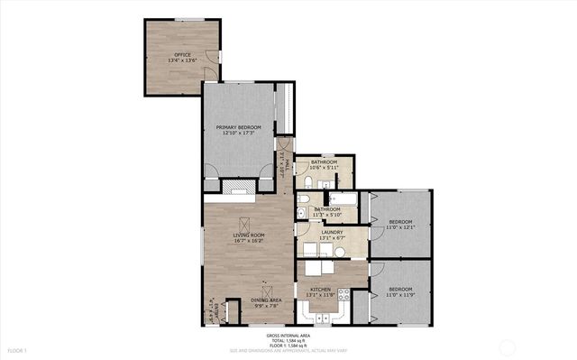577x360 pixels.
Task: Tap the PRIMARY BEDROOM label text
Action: click(x=238, y=127)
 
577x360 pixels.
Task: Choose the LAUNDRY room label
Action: click(x=331, y=233)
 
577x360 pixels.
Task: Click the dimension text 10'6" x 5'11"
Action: click(x=323, y=168)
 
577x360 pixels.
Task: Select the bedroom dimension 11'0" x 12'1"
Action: click(x=400, y=227)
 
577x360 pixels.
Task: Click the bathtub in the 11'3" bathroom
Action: click(x=343, y=198)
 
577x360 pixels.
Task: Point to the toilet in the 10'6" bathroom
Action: click(x=307, y=183)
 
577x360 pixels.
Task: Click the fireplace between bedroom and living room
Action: click(x=239, y=188)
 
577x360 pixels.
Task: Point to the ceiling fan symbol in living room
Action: click(x=241, y=224)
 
